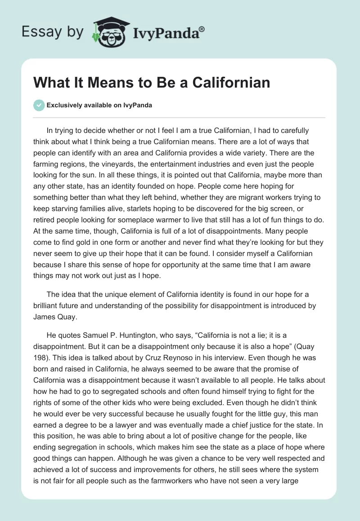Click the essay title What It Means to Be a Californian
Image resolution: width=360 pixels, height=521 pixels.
coord(152,83)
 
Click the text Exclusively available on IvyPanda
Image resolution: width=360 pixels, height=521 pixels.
coord(99,106)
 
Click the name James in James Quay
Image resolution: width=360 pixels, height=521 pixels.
coord(45,317)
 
